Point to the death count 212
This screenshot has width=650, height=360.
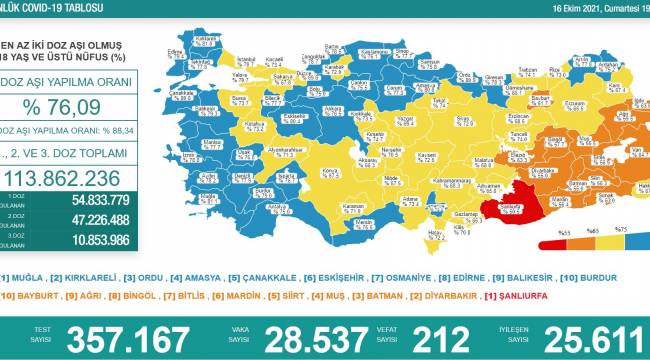[x=432, y=336]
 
